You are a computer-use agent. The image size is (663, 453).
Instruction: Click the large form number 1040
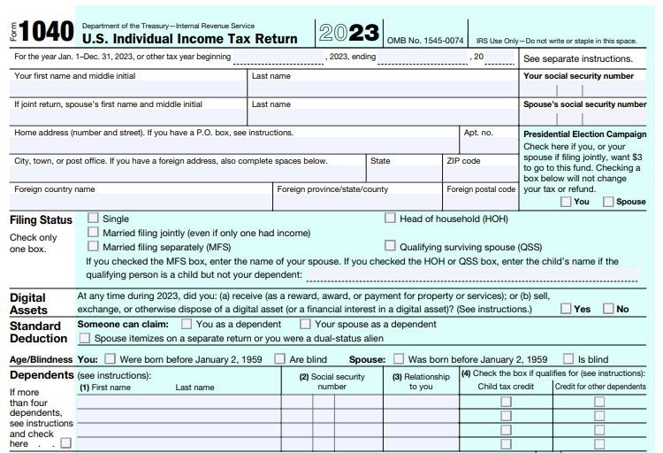pos(46,33)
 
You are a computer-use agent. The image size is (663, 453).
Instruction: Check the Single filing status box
pos(93,219)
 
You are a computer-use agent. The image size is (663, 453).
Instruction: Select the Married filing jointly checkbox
pos(93,233)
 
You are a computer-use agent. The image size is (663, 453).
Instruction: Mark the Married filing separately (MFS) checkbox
pos(93,247)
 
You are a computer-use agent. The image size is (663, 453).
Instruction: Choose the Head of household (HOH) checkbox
pos(390,219)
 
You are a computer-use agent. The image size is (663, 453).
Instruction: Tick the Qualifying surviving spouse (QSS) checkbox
pos(390,247)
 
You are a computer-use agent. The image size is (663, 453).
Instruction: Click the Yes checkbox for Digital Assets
pos(565,309)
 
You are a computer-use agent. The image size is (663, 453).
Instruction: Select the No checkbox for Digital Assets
pos(608,309)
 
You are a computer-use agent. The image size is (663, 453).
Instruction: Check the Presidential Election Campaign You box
pos(566,202)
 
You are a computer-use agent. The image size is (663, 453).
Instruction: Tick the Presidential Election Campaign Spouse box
pos(608,202)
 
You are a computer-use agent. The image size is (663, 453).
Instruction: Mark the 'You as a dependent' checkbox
pos(187,324)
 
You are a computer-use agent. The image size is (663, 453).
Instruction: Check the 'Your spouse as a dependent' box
pos(305,324)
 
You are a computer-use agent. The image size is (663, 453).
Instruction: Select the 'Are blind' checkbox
pos(279,359)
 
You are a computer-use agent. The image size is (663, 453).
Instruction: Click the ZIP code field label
pos(463,161)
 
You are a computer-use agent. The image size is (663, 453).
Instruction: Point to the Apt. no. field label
pos(478,133)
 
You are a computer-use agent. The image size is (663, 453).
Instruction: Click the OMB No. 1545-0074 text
pos(425,41)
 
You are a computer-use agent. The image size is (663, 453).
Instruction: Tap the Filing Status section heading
pos(41,220)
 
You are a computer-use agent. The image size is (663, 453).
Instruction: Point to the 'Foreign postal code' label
pos(481,189)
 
